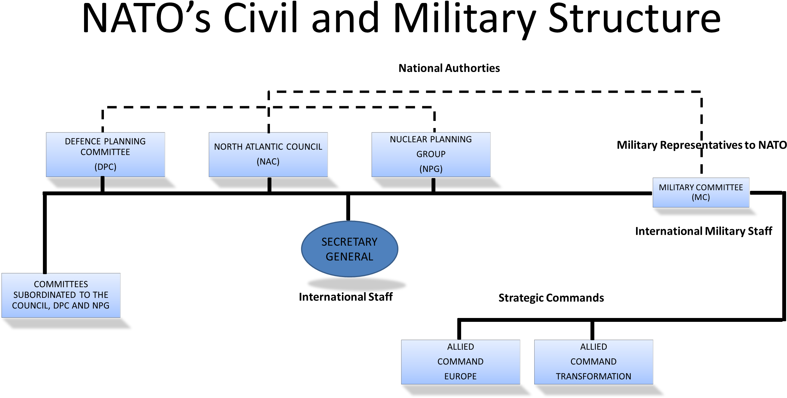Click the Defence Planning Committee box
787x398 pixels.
click(x=105, y=154)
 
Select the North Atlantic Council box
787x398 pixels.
click(x=268, y=154)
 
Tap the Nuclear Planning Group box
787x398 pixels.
click(x=431, y=154)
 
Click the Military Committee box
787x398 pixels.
click(x=701, y=192)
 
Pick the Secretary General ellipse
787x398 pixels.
click(x=350, y=249)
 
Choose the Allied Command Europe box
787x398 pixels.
click(x=461, y=362)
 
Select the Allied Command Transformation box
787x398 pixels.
click(x=593, y=362)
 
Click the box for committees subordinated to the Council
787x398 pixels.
click(x=61, y=295)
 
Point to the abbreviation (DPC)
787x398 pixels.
click(x=105, y=167)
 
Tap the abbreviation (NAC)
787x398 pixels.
click(x=268, y=162)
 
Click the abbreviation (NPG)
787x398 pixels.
click(x=431, y=169)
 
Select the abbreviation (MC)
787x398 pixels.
click(x=701, y=197)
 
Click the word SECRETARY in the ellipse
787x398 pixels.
click(x=350, y=242)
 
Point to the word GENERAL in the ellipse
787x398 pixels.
click(x=350, y=257)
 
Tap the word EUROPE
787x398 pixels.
click(x=461, y=376)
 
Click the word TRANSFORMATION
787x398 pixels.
click(x=593, y=376)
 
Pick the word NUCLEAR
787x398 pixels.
click(x=405, y=140)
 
